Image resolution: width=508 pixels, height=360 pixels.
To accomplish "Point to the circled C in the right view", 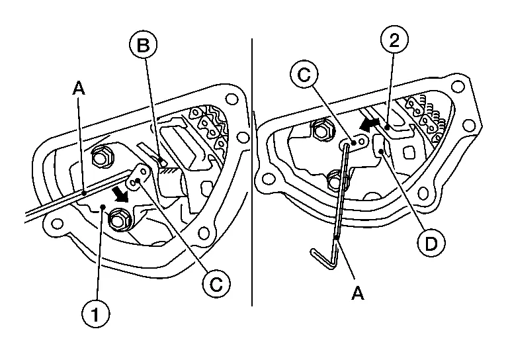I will click(x=305, y=77).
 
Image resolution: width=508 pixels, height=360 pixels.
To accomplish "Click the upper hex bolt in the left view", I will click(x=103, y=157).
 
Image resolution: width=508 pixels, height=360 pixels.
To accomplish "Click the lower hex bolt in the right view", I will click(x=337, y=178).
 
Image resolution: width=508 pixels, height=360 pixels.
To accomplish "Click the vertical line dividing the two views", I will click(x=252, y=172).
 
